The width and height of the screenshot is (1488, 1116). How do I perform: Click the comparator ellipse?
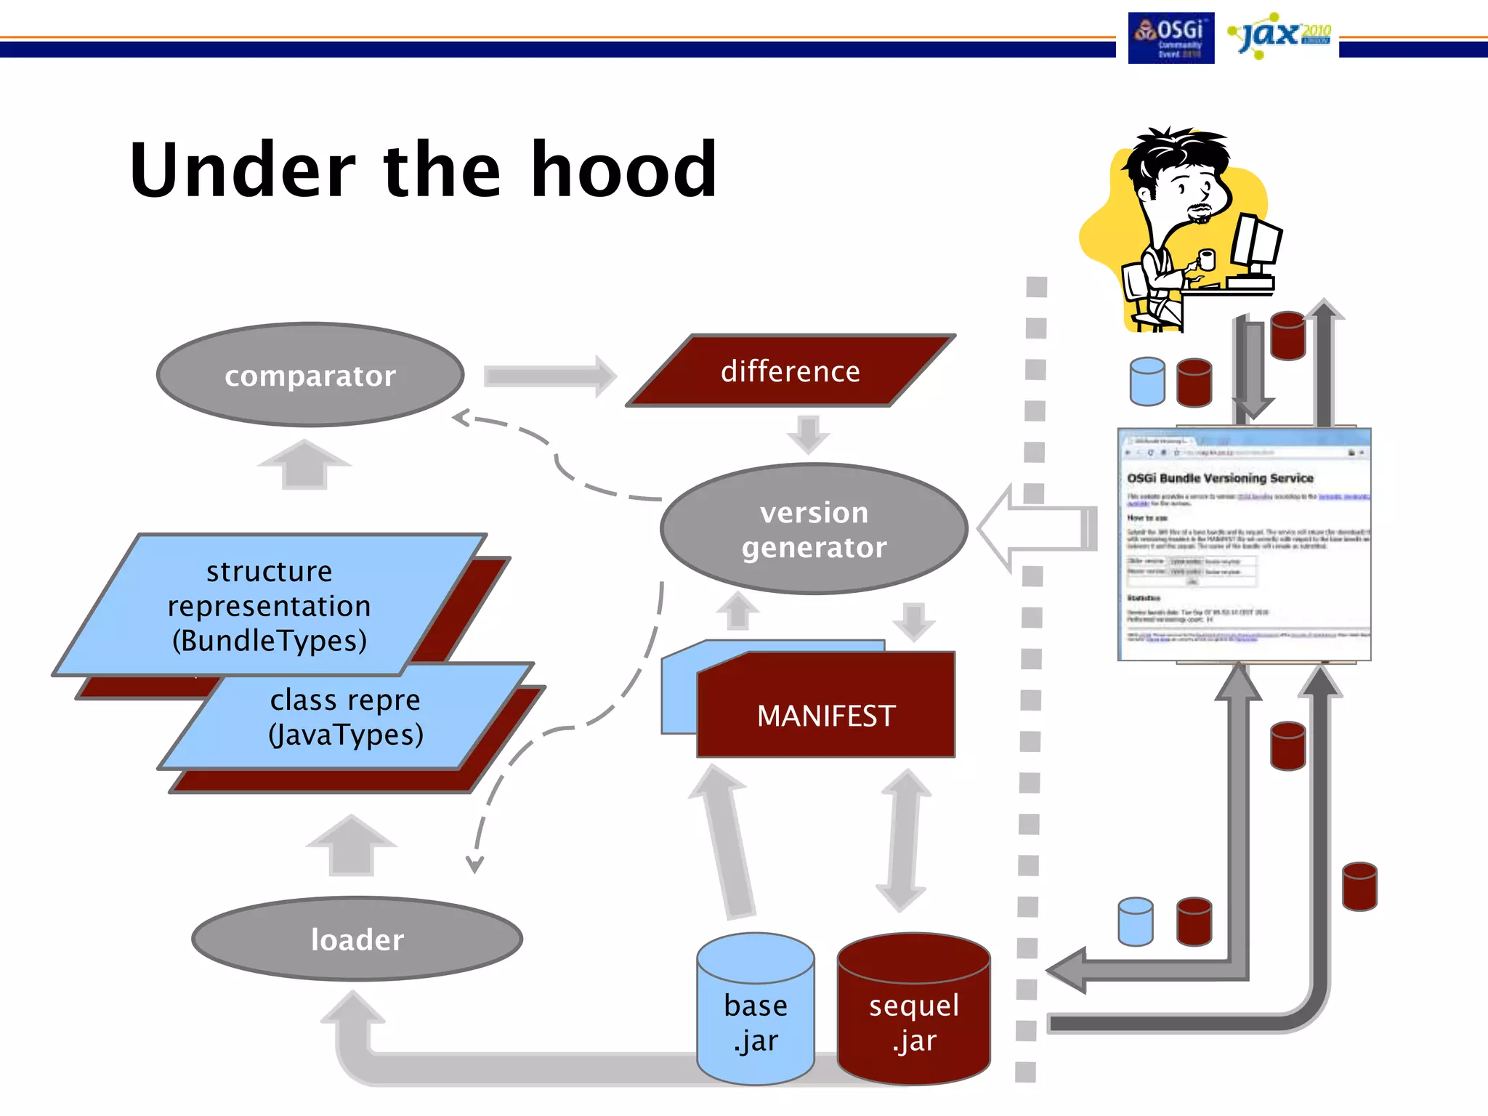[310, 375]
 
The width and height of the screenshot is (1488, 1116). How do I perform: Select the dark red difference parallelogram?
[790, 371]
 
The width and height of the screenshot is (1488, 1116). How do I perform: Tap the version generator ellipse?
[814, 529]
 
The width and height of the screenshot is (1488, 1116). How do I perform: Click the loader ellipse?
[357, 939]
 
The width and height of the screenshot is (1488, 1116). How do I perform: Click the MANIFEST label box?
[826, 715]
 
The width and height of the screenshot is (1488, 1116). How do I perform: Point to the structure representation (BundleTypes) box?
[269, 605]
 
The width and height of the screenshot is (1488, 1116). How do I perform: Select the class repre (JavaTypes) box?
[346, 718]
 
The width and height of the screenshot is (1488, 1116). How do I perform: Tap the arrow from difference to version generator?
[808, 433]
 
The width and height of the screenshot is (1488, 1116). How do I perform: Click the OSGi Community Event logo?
[1170, 38]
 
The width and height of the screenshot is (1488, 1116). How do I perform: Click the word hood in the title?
[624, 170]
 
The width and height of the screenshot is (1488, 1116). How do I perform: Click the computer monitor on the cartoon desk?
[1255, 243]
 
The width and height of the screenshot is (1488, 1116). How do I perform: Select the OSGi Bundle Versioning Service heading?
[1220, 478]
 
